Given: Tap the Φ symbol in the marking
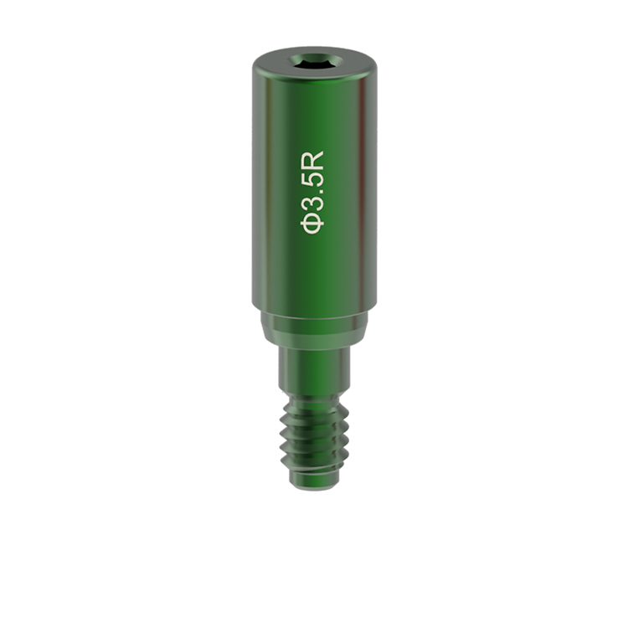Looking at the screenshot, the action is [x=312, y=224].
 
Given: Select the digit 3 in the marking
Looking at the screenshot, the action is [x=312, y=203].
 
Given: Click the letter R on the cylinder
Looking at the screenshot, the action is [x=312, y=160].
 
